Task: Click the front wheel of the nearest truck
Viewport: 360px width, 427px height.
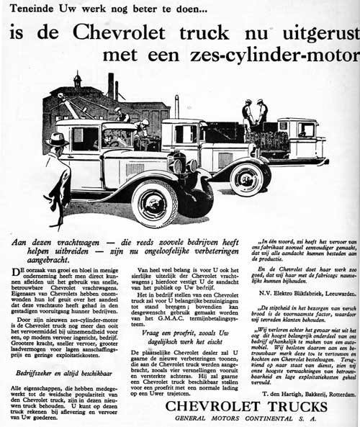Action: (x=154, y=204)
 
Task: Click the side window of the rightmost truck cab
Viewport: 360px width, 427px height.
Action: (x=306, y=130)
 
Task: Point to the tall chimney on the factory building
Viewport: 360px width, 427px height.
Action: (x=111, y=86)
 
